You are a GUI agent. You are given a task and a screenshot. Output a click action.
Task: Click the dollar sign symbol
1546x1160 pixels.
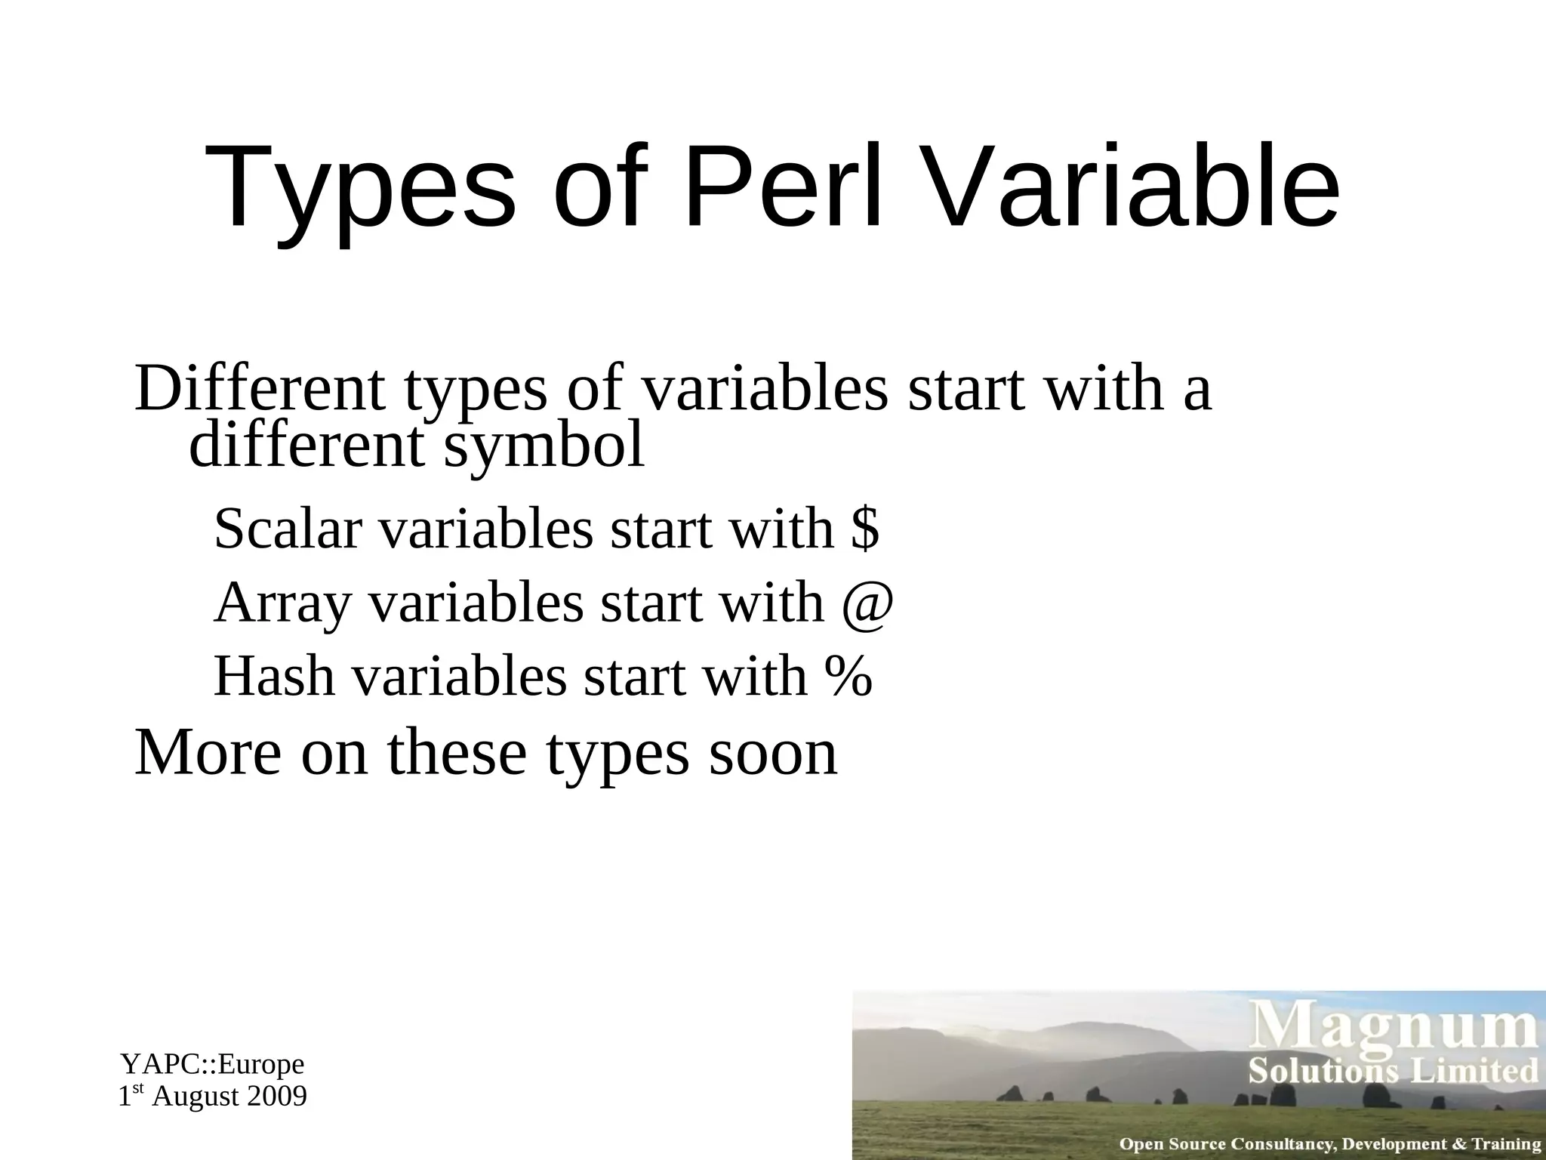(865, 528)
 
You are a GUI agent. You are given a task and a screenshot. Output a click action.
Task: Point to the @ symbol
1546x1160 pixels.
(869, 603)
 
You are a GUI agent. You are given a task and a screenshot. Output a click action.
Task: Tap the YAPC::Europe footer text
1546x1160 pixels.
(213, 1064)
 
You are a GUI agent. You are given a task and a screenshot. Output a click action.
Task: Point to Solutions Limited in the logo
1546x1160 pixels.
(1393, 1071)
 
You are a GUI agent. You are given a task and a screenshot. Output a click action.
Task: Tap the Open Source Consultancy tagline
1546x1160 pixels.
(1329, 1144)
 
